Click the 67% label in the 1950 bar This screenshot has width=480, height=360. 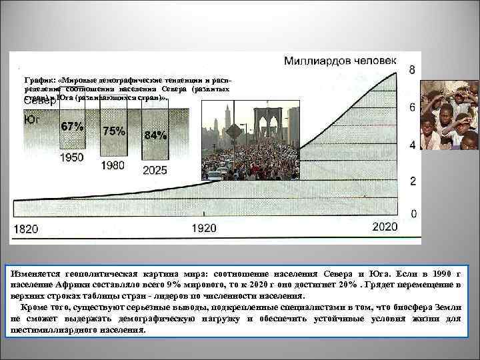72,126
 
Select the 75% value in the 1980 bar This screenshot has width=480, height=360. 113,131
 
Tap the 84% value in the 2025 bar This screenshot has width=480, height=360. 155,135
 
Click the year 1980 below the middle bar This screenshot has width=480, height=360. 113,164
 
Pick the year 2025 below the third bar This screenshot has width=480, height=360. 155,170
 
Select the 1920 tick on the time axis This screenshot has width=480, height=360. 204,228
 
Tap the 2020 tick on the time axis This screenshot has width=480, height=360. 384,227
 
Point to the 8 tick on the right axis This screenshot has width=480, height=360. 413,71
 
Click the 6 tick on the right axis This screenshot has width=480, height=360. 413,108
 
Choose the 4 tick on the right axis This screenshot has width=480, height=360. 413,145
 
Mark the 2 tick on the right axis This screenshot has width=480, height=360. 413,181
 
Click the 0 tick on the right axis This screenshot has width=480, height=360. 413,214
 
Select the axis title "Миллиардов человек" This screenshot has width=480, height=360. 341,61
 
